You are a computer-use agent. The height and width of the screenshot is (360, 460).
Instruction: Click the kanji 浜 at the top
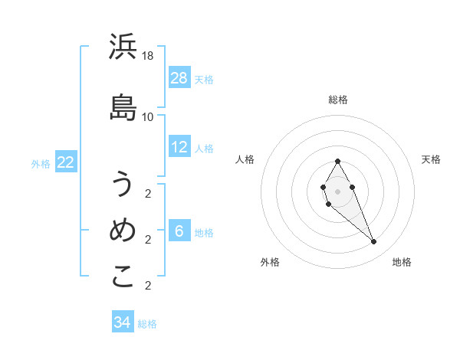point(123,47)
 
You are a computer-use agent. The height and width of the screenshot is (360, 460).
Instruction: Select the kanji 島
point(123,107)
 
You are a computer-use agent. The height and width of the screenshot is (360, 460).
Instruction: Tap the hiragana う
point(123,185)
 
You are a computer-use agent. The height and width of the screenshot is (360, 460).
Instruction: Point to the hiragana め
point(123,230)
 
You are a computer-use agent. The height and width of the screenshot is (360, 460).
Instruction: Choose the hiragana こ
point(123,277)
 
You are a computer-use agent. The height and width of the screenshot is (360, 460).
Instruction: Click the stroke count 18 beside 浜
point(148,56)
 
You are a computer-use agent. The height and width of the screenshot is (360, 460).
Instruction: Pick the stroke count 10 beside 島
point(148,116)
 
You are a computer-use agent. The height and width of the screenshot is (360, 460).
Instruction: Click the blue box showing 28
point(179,78)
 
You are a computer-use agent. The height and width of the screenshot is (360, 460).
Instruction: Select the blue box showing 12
point(179,147)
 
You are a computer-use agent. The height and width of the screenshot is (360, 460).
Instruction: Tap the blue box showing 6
point(179,231)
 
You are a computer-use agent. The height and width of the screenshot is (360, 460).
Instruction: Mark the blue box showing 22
point(65,162)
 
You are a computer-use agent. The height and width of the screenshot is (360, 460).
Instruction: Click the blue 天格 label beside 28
point(204,80)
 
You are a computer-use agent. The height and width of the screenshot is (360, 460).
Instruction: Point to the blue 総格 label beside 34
point(147,324)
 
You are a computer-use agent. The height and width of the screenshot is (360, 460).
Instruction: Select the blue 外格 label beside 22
point(41,163)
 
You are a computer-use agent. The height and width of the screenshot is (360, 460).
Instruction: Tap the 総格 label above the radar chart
point(338,100)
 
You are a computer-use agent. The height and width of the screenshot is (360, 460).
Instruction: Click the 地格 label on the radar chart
point(402,262)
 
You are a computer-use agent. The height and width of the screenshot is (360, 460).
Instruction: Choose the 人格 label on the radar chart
point(245,159)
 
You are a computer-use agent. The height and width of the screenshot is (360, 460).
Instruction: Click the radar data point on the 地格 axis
point(373,242)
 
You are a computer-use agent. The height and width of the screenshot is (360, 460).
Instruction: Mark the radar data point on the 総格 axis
point(338,161)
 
